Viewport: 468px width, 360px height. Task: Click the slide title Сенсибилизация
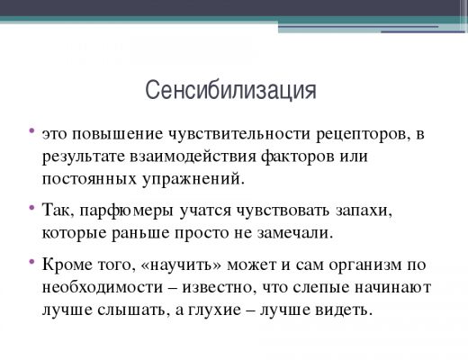point(230,90)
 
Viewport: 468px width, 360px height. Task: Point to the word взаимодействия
point(193,157)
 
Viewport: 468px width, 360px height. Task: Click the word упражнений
point(193,180)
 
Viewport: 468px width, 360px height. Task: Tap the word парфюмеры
point(127,211)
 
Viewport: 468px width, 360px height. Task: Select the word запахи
point(364,211)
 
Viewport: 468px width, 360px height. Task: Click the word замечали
point(295,233)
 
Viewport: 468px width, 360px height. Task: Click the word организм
point(364,265)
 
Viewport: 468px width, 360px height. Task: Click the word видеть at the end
point(342,310)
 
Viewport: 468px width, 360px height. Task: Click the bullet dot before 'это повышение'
point(31,130)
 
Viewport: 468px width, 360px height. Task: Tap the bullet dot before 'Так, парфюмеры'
point(31,207)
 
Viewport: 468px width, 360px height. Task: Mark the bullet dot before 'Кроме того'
point(31,262)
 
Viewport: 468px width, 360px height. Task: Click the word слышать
point(131,310)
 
